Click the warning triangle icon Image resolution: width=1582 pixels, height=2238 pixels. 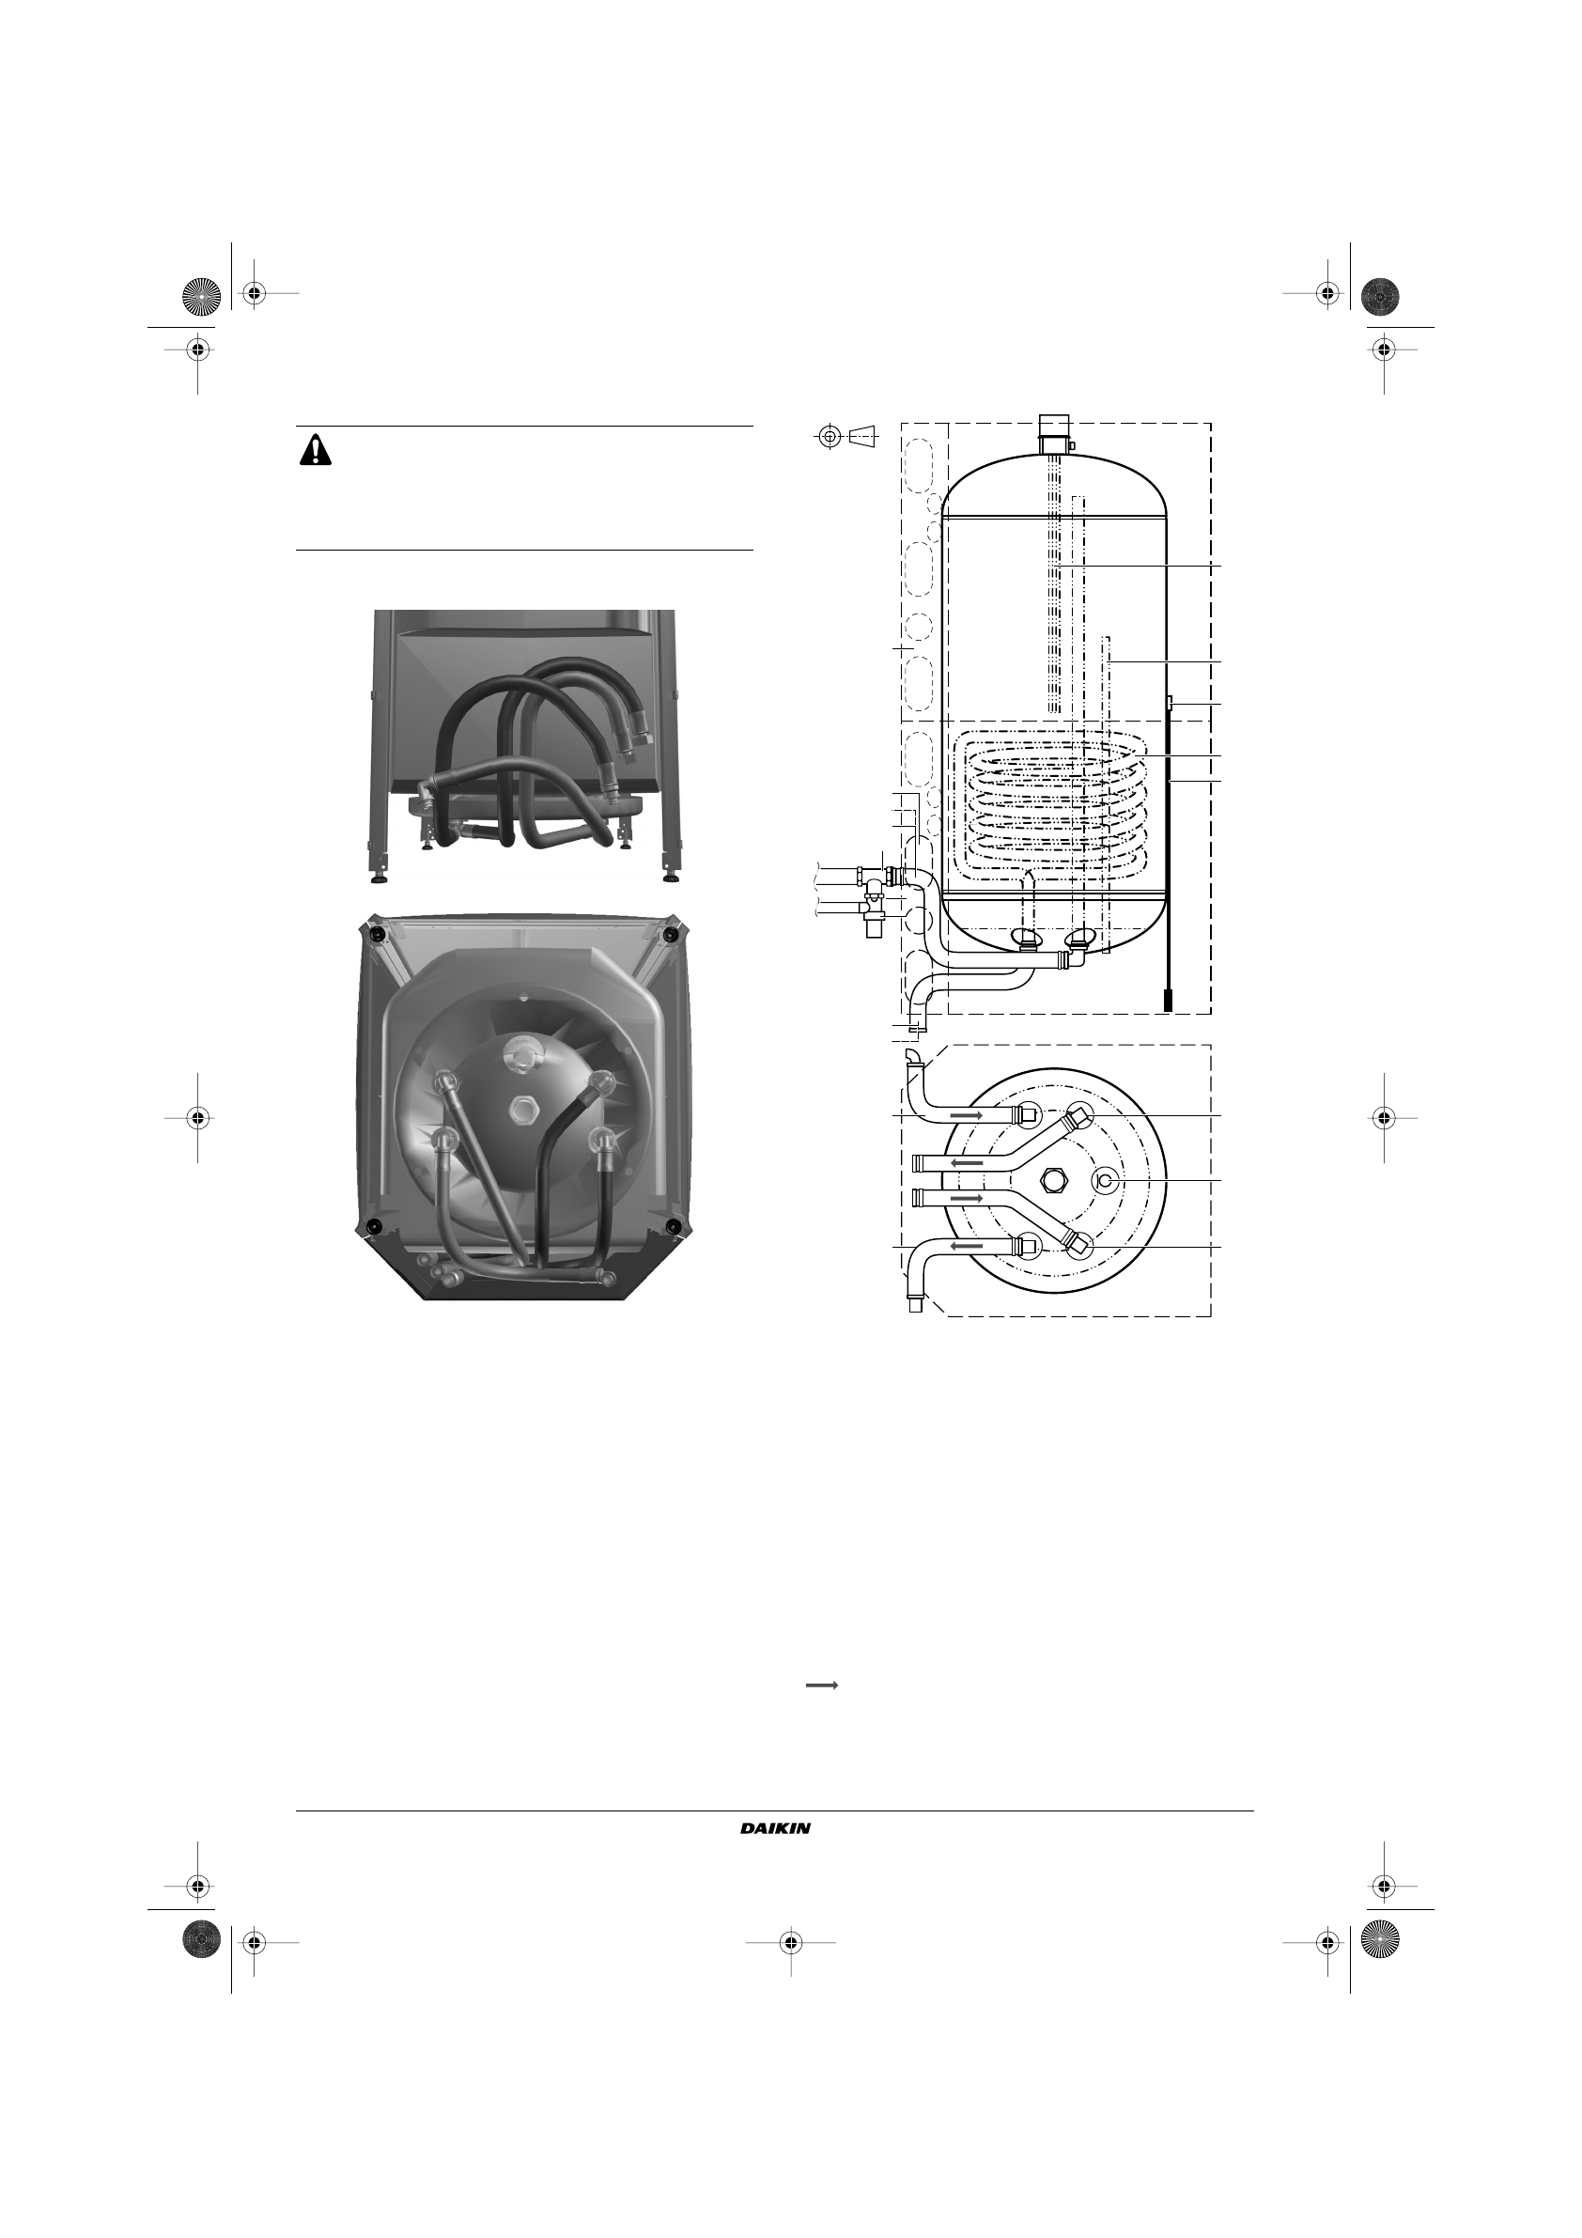(x=316, y=449)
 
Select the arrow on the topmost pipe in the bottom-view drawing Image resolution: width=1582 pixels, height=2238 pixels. (x=966, y=1113)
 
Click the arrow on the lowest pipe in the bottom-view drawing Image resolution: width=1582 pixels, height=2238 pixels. (x=966, y=1246)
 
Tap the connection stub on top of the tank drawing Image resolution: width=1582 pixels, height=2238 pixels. (x=1054, y=434)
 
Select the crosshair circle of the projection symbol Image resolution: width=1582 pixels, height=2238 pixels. (x=829, y=437)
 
